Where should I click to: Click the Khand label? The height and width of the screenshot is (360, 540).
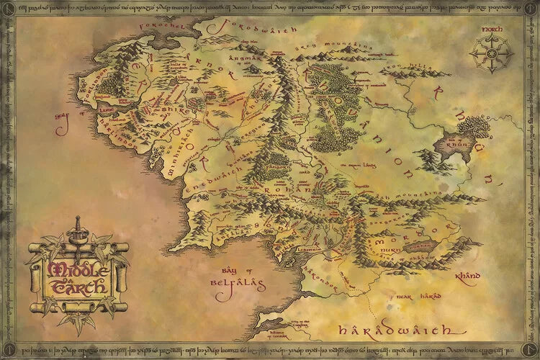469,274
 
